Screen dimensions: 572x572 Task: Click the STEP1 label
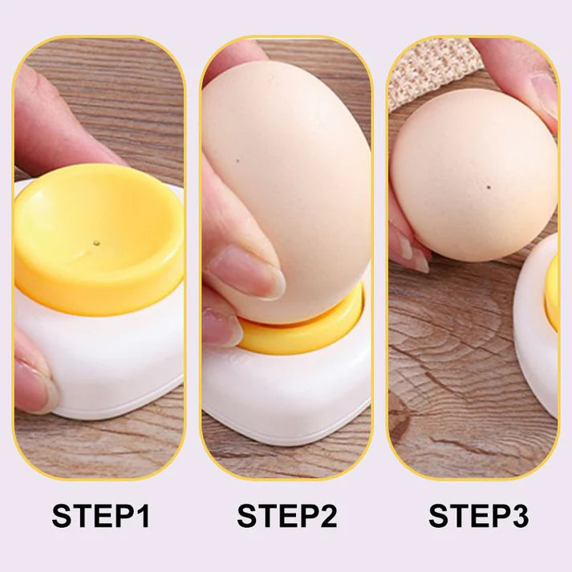[100, 516]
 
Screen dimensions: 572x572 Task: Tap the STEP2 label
[286, 516]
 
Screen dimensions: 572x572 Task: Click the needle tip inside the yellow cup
[96, 241]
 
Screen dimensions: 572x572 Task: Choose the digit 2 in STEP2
[325, 516]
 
